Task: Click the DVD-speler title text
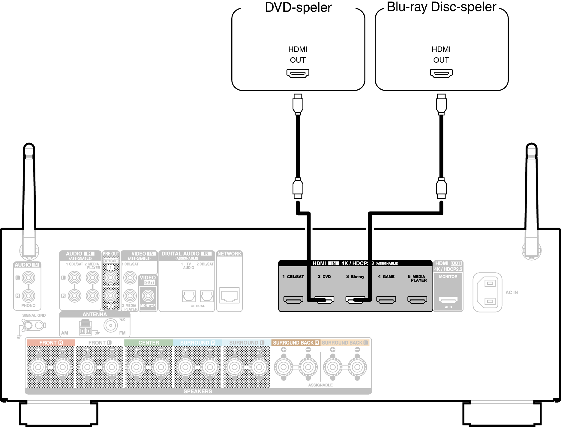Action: pyautogui.click(x=298, y=7)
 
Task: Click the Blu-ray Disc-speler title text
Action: pyautogui.click(x=441, y=7)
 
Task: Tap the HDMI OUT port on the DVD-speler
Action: pyautogui.click(x=298, y=73)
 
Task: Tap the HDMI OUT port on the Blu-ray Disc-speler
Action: pyautogui.click(x=441, y=73)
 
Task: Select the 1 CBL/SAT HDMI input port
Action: pyautogui.click(x=293, y=300)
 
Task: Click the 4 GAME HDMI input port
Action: pyautogui.click(x=386, y=300)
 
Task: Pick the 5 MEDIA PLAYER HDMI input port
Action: pyautogui.click(x=417, y=300)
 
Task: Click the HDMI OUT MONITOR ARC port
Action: pyautogui.click(x=448, y=300)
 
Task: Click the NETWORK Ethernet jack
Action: pyautogui.click(x=229, y=296)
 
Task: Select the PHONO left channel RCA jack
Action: pyautogui.click(x=28, y=278)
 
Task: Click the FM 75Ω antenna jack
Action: pyautogui.click(x=111, y=325)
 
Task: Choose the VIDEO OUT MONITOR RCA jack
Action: pyautogui.click(x=148, y=296)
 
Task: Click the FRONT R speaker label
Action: pyautogui.click(x=51, y=342)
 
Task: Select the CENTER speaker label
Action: pyautogui.click(x=148, y=342)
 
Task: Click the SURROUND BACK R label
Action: pyautogui.click(x=296, y=342)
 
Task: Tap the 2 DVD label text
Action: pyautogui.click(x=324, y=276)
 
